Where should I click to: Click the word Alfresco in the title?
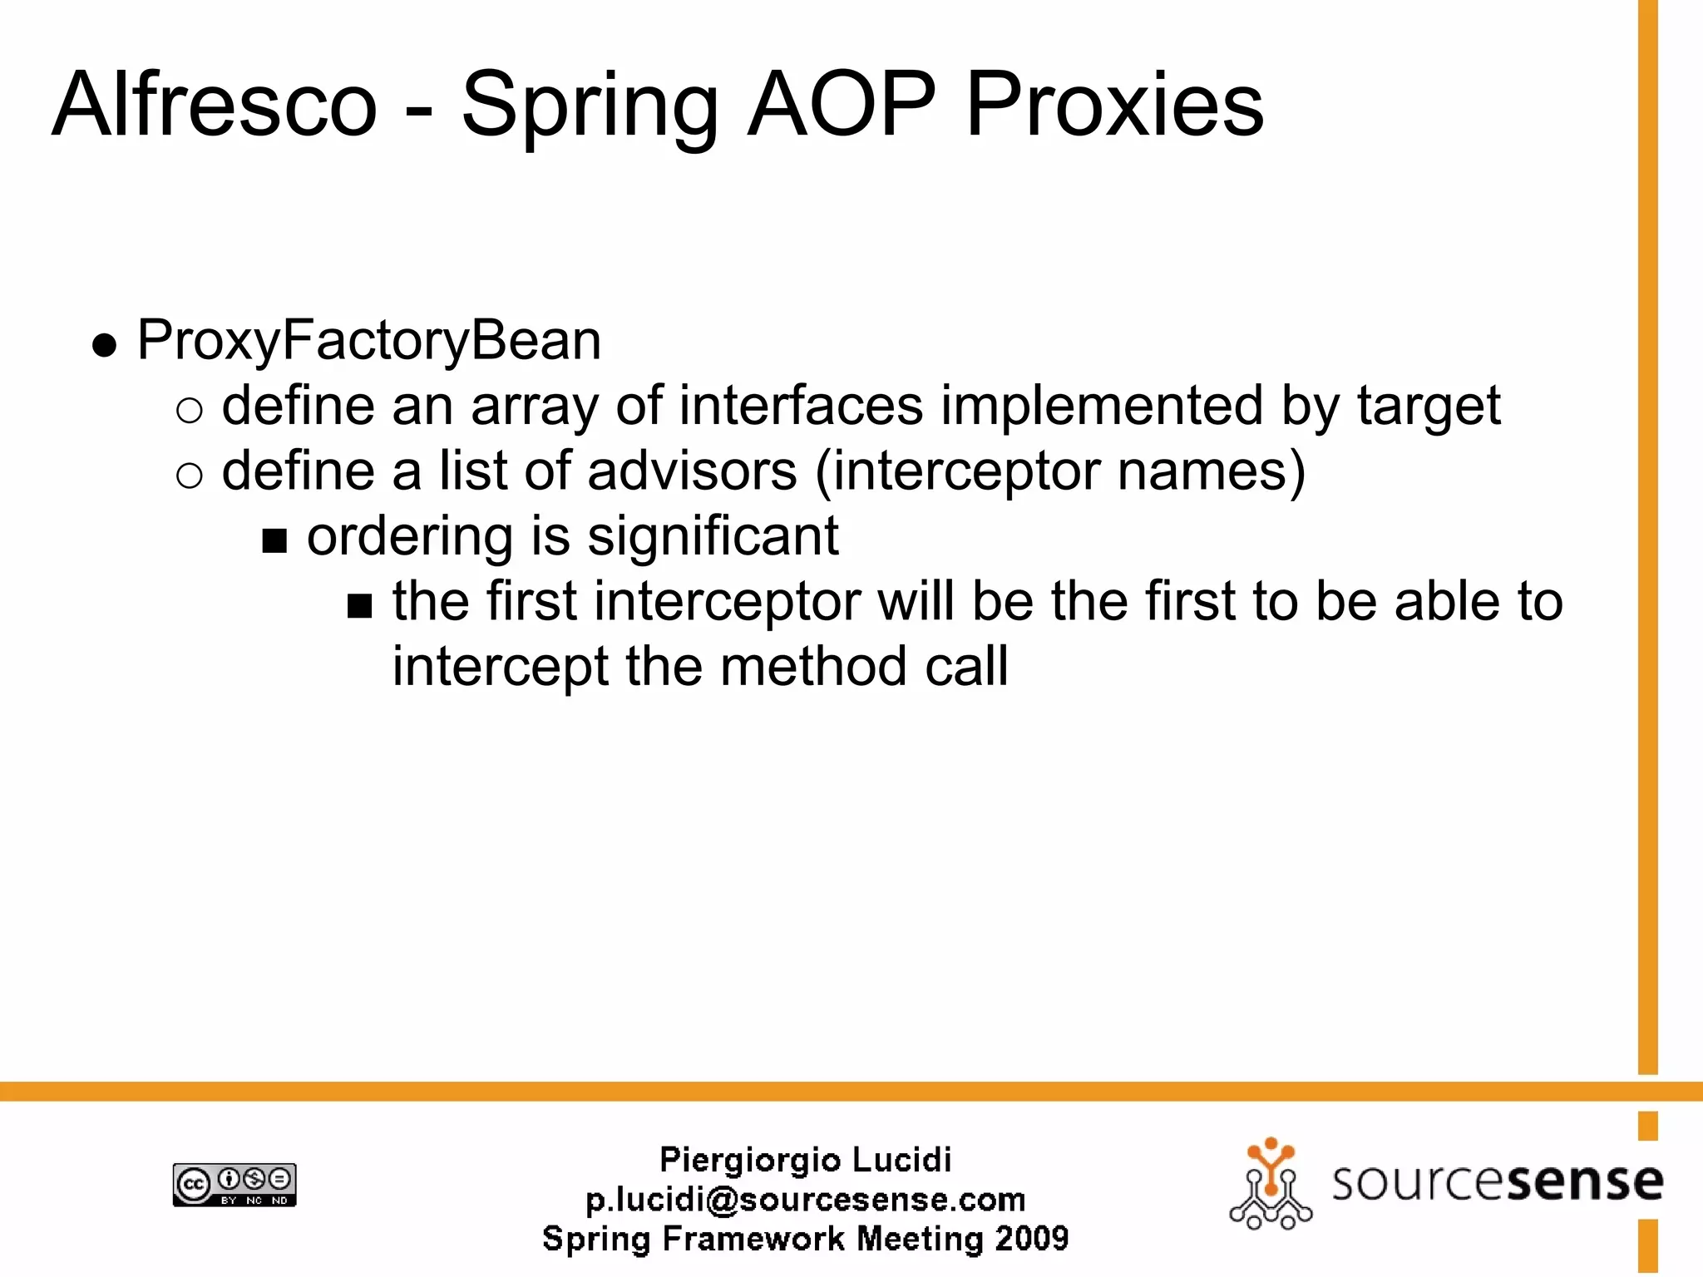[215, 106]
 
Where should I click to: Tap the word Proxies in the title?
[1114, 106]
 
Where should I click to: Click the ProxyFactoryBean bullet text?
[368, 341]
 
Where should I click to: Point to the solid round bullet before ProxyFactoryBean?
[104, 345]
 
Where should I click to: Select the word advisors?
[692, 471]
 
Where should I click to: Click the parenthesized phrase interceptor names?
[1060, 473]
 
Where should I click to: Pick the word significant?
[713, 537]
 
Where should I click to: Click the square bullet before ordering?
[274, 542]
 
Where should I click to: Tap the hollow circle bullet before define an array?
[190, 411]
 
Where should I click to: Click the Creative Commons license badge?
[234, 1185]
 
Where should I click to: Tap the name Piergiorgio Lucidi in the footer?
[805, 1160]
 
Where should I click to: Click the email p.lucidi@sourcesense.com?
[805, 1200]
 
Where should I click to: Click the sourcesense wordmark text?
[1497, 1182]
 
